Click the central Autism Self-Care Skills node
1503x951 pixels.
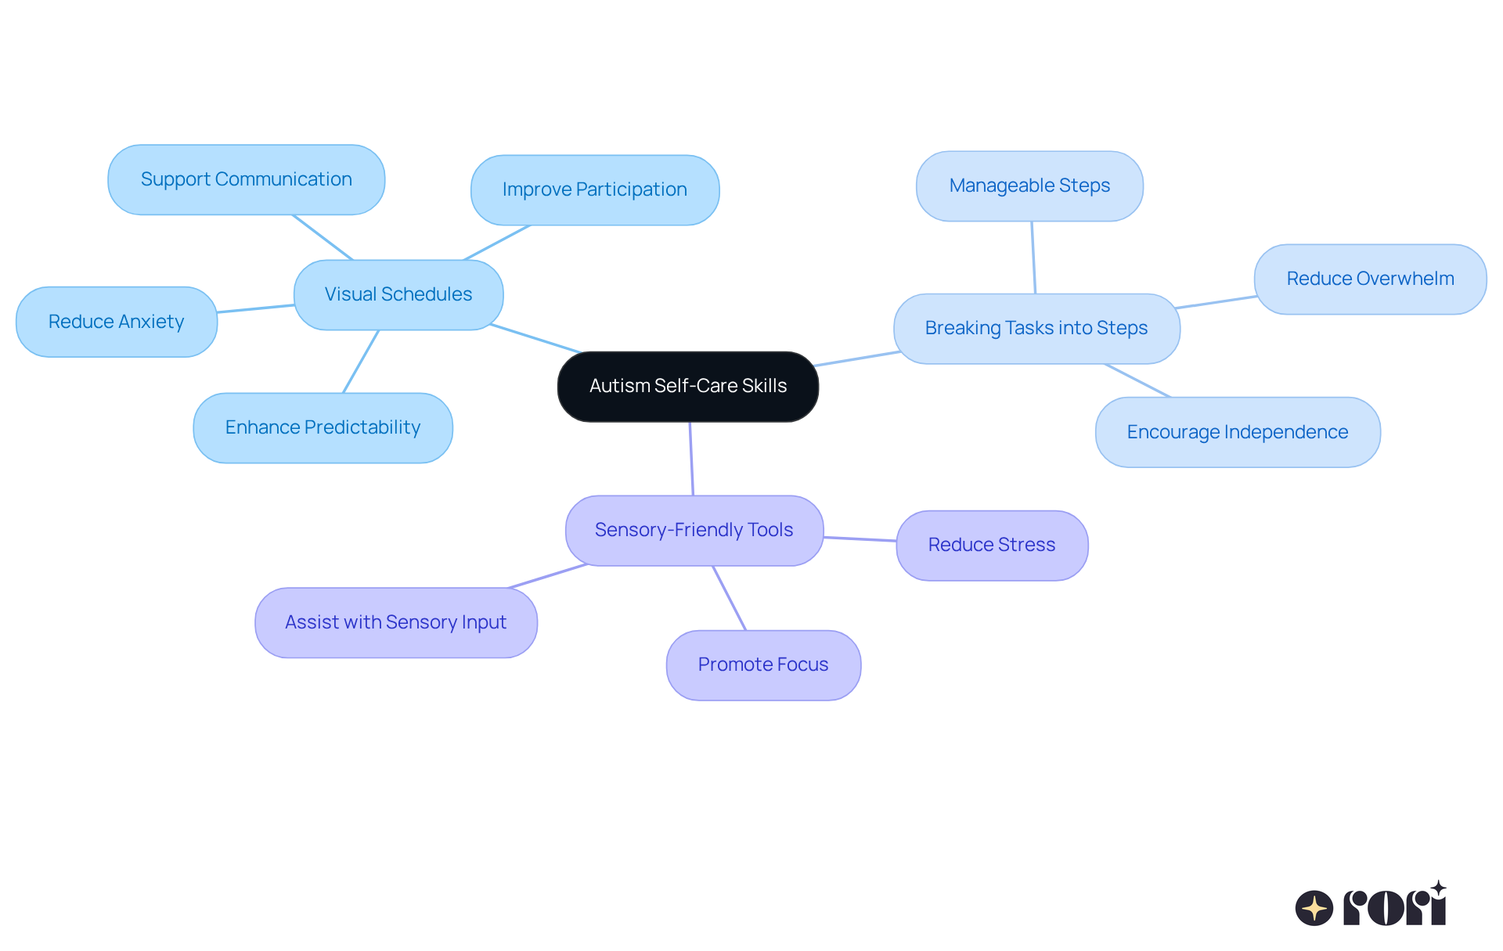(687, 386)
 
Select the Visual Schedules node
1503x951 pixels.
(398, 294)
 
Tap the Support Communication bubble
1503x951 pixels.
(246, 179)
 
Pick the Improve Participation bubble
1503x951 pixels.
(594, 189)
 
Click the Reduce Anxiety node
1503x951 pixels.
(116, 322)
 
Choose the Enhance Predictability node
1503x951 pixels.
(323, 427)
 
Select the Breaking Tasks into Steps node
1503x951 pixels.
(1036, 328)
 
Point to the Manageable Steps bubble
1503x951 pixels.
(1029, 186)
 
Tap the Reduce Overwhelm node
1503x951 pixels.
(1370, 279)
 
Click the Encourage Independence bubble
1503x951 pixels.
(1237, 432)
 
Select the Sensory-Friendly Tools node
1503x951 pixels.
(694, 530)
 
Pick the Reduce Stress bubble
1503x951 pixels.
(991, 545)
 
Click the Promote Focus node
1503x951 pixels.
(763, 665)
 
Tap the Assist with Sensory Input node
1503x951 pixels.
(395, 622)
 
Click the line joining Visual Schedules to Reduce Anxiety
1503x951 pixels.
(255, 308)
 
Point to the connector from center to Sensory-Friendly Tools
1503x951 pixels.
(691, 459)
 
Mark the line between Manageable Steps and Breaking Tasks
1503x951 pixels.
(1033, 258)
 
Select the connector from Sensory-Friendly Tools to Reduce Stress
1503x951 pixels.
(860, 539)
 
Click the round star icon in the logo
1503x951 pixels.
(1314, 908)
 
